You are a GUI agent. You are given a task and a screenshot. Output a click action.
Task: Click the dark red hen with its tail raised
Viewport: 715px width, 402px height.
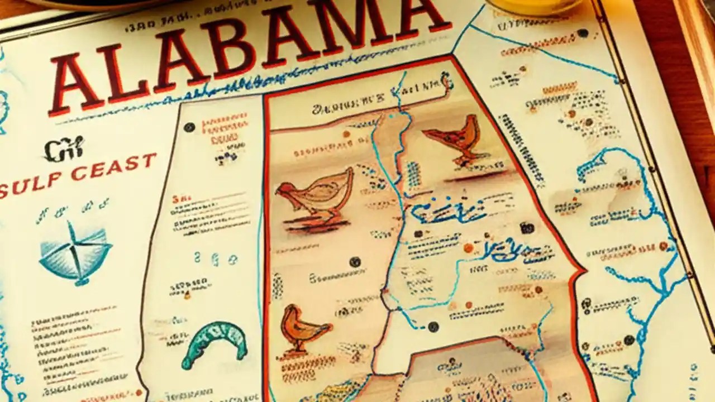click(455, 137)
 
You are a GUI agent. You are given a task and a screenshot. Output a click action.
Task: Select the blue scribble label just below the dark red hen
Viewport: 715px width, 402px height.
click(447, 211)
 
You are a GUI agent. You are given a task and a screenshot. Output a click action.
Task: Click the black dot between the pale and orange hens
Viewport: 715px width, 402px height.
click(354, 261)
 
